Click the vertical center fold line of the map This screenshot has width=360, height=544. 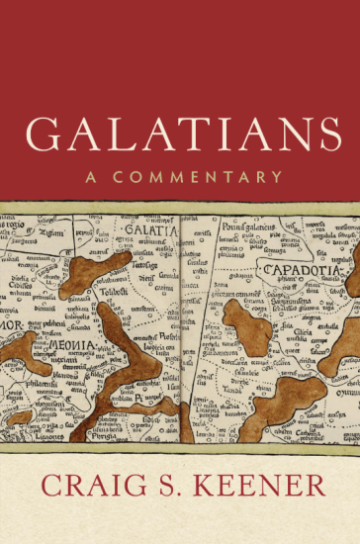click(183, 326)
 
